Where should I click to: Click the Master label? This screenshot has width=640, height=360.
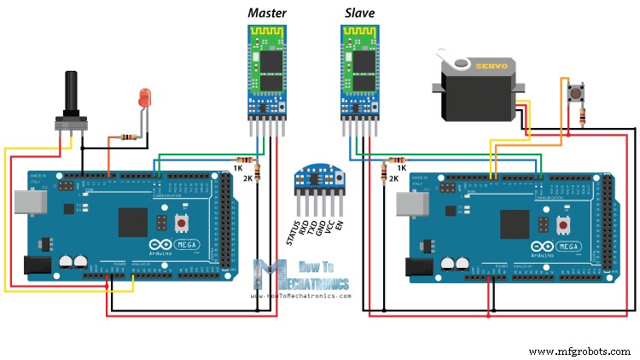coord(267,12)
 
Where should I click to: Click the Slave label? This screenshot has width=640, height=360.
coord(360,12)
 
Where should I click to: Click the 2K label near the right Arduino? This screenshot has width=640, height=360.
coord(393,178)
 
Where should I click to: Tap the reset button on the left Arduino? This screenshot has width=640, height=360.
coord(182,224)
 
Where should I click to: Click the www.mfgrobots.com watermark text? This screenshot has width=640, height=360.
coord(579,351)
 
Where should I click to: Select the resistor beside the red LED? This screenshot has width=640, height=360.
coord(125,136)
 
